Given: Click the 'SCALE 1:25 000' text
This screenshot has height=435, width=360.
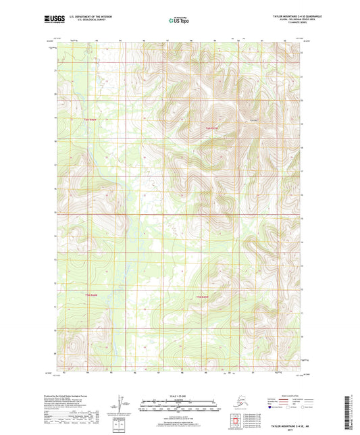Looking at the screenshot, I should [178, 396].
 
